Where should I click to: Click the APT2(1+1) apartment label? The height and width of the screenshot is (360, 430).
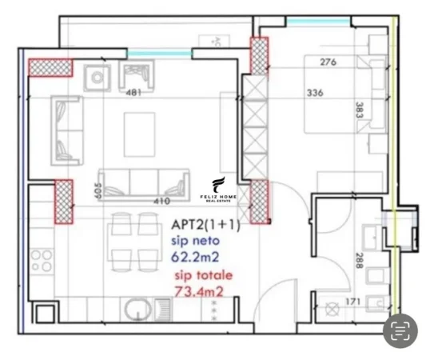(205, 225)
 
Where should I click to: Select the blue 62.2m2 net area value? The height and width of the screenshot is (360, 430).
(197, 257)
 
